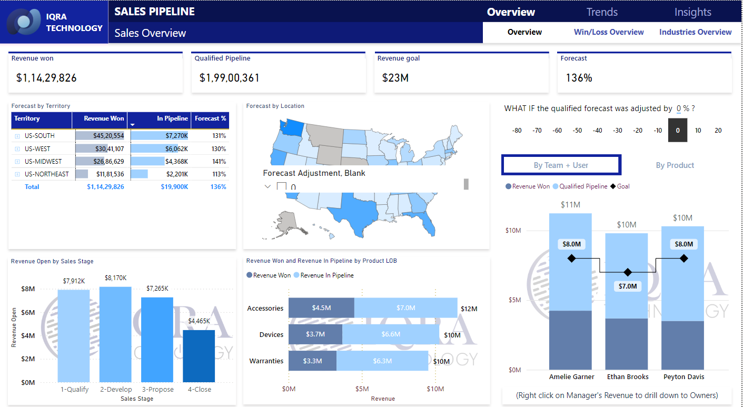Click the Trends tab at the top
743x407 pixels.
pos(602,12)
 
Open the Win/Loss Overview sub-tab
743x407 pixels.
pos(609,32)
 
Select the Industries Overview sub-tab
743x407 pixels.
pos(695,32)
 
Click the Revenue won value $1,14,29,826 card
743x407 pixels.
pos(46,78)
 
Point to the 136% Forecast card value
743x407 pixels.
pos(579,78)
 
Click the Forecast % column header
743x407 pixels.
pos(210,118)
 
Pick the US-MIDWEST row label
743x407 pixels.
pos(43,162)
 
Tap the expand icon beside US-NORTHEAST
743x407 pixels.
pos(17,174)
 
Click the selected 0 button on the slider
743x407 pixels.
pos(678,131)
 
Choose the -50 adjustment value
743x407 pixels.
pos(577,131)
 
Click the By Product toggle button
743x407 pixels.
pos(675,165)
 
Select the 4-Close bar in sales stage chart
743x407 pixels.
pos(199,355)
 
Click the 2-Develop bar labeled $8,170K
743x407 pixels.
pos(115,334)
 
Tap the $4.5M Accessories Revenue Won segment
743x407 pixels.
pos(321,308)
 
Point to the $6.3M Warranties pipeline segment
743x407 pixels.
pos(382,361)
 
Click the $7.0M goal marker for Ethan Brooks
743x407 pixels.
pos(627,272)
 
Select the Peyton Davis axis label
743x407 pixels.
pos(683,377)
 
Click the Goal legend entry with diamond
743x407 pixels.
pos(620,186)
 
